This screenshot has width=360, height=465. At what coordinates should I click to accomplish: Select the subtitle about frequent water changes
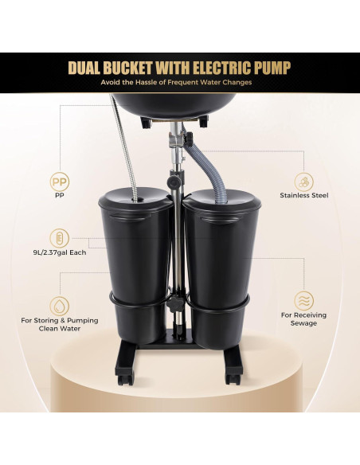[179, 83]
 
